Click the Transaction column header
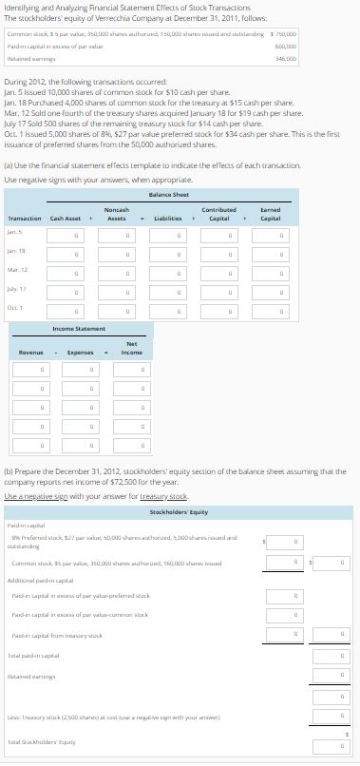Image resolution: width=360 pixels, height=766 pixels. click(x=25, y=218)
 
